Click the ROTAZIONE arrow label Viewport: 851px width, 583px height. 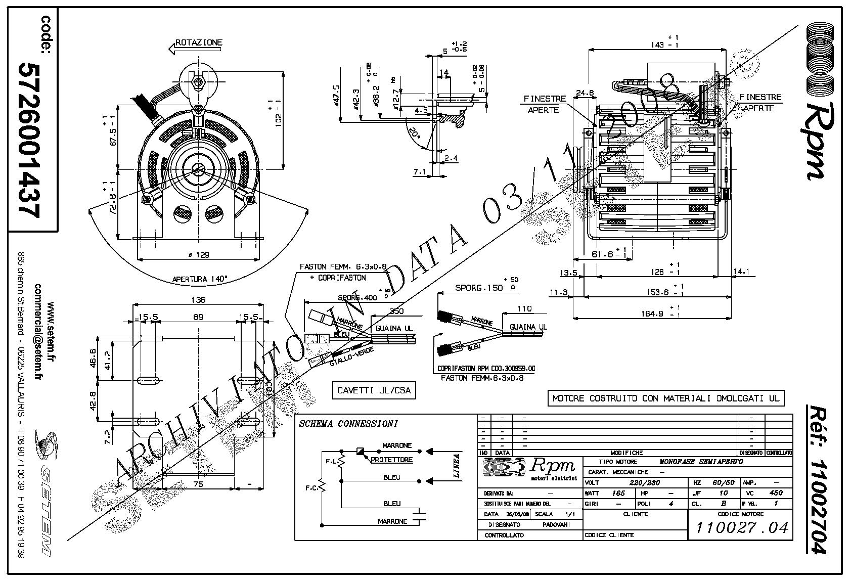[198, 43]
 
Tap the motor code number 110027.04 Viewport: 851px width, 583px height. [742, 528]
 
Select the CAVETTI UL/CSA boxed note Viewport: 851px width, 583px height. [374, 390]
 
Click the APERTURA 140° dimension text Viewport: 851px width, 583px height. [199, 279]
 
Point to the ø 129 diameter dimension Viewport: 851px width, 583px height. [198, 255]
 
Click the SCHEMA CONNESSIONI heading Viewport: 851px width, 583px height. [348, 424]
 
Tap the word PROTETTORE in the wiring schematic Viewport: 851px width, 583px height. [391, 460]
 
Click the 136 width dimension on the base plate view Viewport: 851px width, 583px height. [198, 300]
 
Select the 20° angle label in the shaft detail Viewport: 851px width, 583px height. [414, 135]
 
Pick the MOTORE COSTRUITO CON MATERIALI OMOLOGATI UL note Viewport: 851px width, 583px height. [665, 398]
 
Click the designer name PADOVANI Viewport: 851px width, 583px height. [557, 524]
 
